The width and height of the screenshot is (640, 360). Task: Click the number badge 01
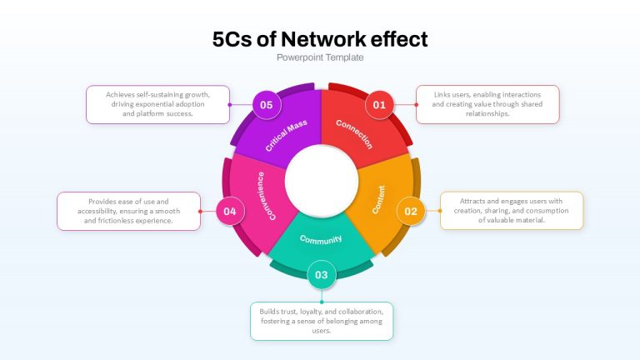pos(379,105)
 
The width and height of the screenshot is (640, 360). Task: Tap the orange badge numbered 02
pos(411,211)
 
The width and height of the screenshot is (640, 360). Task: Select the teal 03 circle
pos(321,275)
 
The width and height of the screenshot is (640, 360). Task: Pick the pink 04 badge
pos(230,211)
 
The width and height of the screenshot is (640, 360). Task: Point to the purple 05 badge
pos(266,105)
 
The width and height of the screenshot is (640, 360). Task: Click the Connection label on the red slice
pos(354,134)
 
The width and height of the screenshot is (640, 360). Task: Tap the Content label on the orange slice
pos(379,199)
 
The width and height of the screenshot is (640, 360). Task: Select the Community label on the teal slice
pos(321,240)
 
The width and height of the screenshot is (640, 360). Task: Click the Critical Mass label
pos(286,136)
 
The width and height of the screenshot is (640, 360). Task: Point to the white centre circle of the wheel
pos(321,181)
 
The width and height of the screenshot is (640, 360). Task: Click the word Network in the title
pos(323,39)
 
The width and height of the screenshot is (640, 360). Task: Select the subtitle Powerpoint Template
pos(320,57)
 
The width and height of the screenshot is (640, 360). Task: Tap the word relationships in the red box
pos(487,114)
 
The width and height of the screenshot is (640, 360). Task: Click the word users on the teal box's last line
pos(321,331)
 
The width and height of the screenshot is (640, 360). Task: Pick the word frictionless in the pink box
pos(118,220)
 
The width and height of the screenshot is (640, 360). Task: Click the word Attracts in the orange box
pos(472,201)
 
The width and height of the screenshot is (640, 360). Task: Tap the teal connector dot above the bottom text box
pos(322,302)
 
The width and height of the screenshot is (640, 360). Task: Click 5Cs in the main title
pos(232,39)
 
